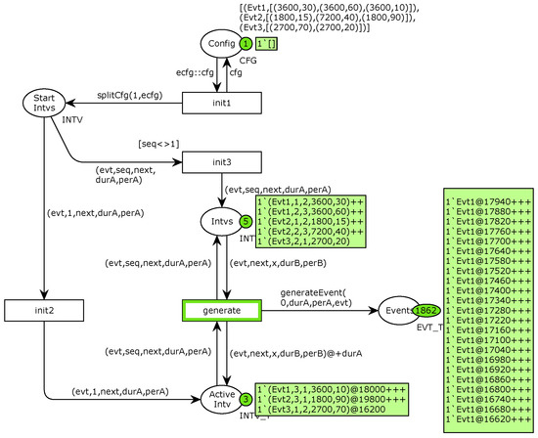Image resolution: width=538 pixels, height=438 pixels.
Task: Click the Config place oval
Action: [220, 44]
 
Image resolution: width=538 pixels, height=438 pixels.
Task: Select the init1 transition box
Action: [224, 103]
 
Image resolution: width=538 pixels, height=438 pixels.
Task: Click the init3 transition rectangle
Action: [224, 161]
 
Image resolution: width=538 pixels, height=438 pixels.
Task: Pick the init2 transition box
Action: [42, 311]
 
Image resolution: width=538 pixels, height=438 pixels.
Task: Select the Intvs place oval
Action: [224, 221]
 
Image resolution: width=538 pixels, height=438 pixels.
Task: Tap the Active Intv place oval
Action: [224, 399]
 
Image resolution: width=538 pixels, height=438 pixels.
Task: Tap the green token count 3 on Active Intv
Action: [247, 399]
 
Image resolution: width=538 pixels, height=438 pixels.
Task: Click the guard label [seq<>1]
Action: [159, 143]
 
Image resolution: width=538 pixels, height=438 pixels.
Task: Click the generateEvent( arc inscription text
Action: [314, 291]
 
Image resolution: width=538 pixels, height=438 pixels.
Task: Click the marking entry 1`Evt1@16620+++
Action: [487, 417]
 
